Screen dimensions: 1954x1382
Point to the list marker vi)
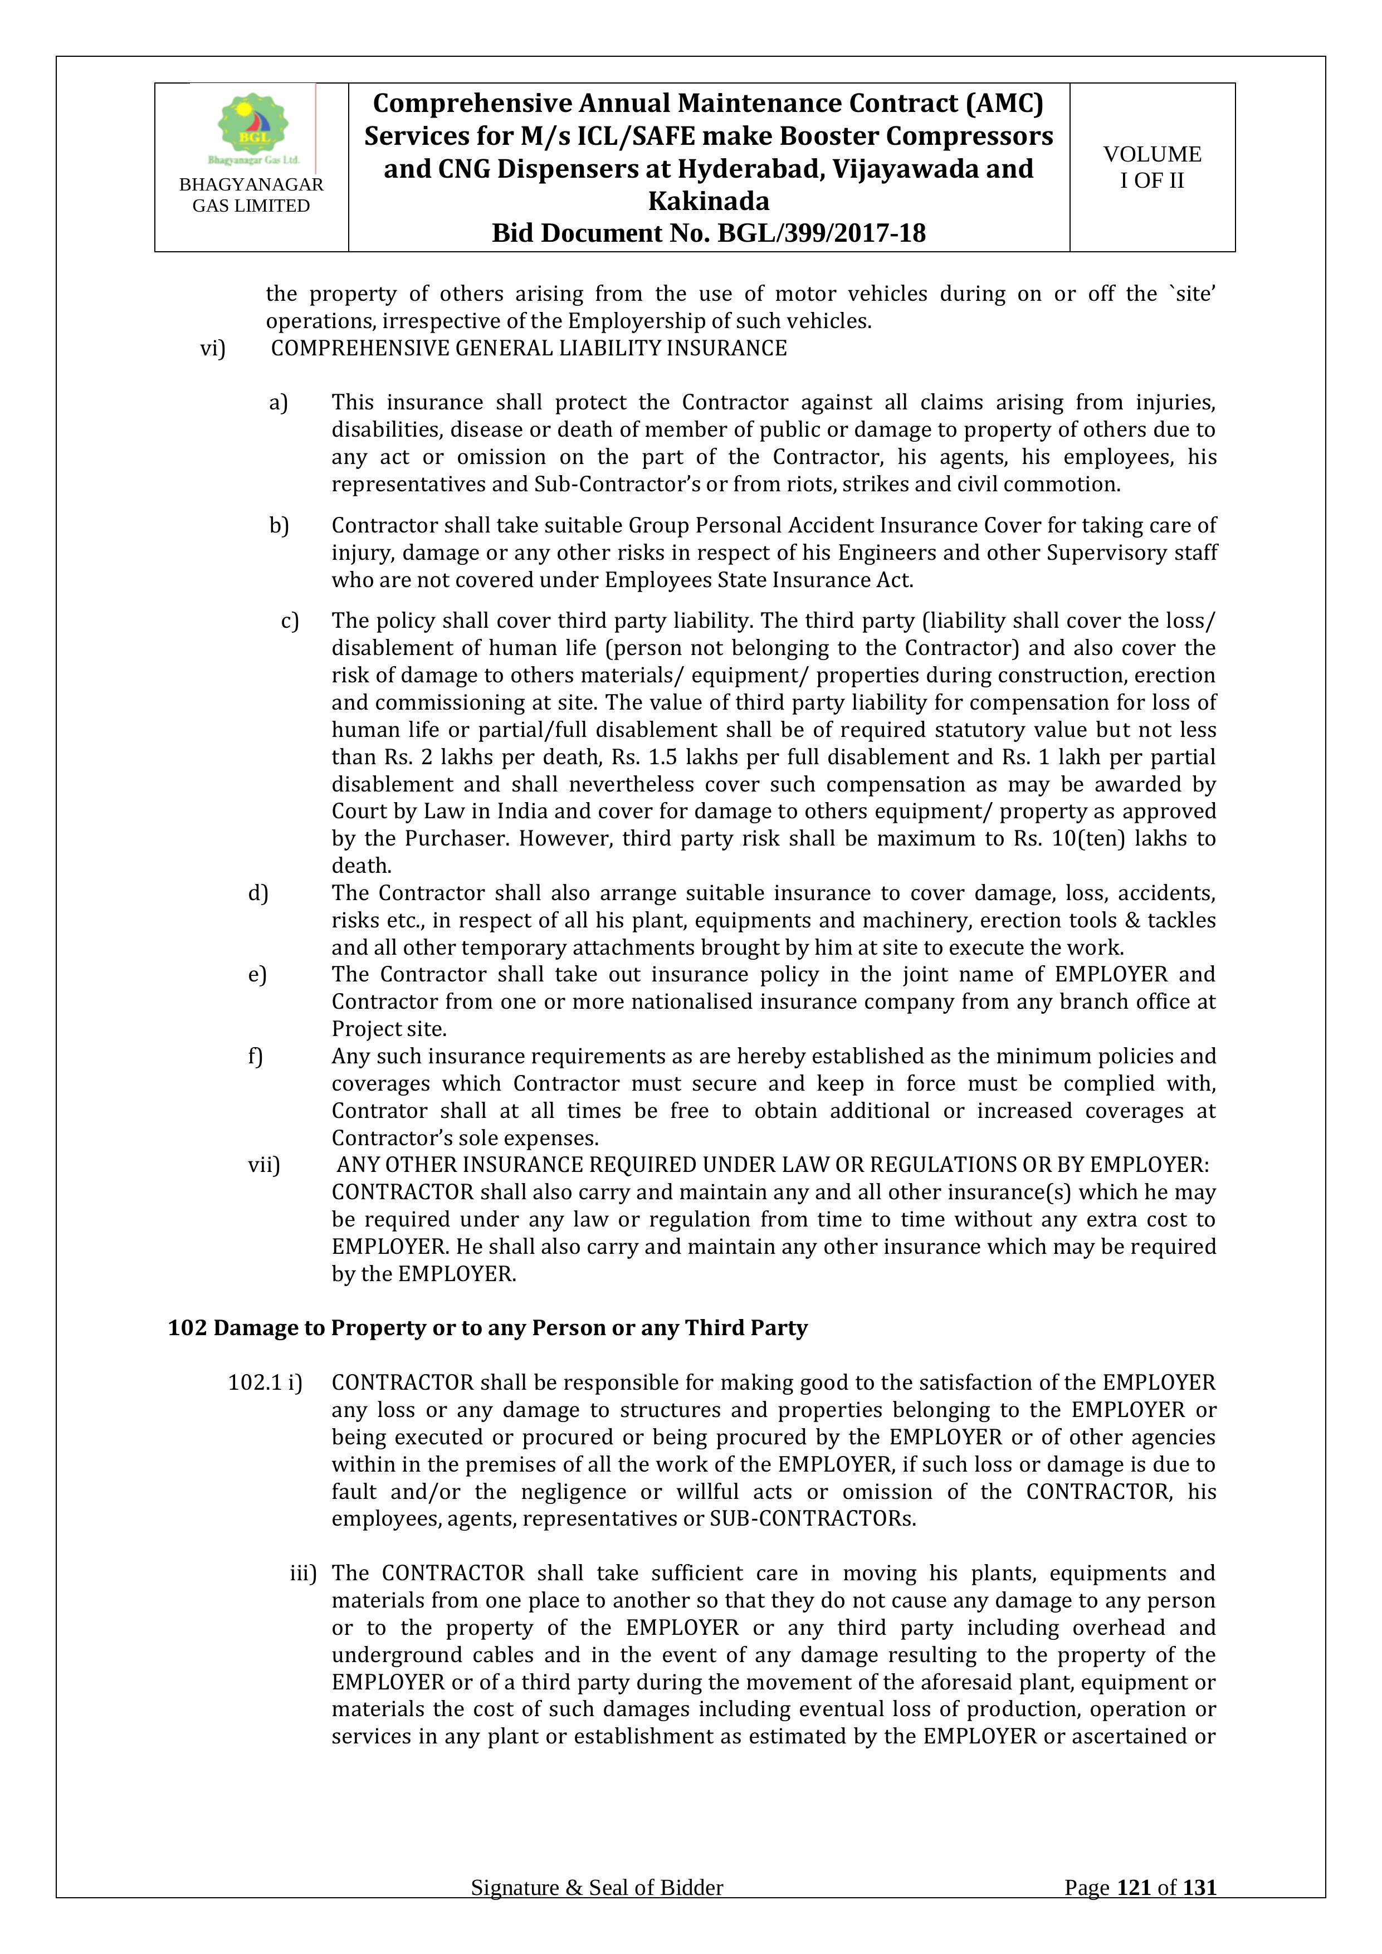pos(213,348)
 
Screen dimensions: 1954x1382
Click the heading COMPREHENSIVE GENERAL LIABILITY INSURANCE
pos(529,348)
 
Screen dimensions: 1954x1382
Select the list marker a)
pos(279,403)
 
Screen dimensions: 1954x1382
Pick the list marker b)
pos(279,525)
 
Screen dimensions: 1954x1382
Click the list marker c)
pos(289,621)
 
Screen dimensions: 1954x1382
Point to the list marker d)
pos(258,893)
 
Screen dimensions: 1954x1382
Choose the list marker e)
pos(257,974)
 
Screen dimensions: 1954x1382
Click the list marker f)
pos(255,1056)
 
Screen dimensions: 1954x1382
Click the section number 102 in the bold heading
pos(187,1327)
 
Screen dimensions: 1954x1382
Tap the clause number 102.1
pos(255,1383)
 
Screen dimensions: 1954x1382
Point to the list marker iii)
pos(303,1574)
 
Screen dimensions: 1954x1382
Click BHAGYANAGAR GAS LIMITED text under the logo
pos(251,195)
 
